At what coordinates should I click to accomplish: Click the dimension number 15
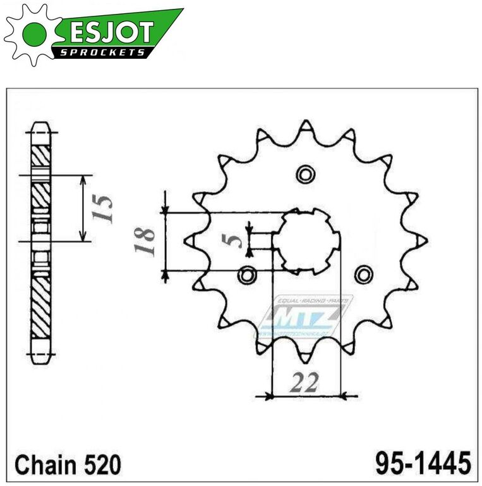pos(104,208)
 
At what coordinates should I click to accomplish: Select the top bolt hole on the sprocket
pos(306,174)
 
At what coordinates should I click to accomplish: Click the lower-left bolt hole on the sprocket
pos(247,275)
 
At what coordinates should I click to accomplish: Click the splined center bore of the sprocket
pos(306,240)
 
